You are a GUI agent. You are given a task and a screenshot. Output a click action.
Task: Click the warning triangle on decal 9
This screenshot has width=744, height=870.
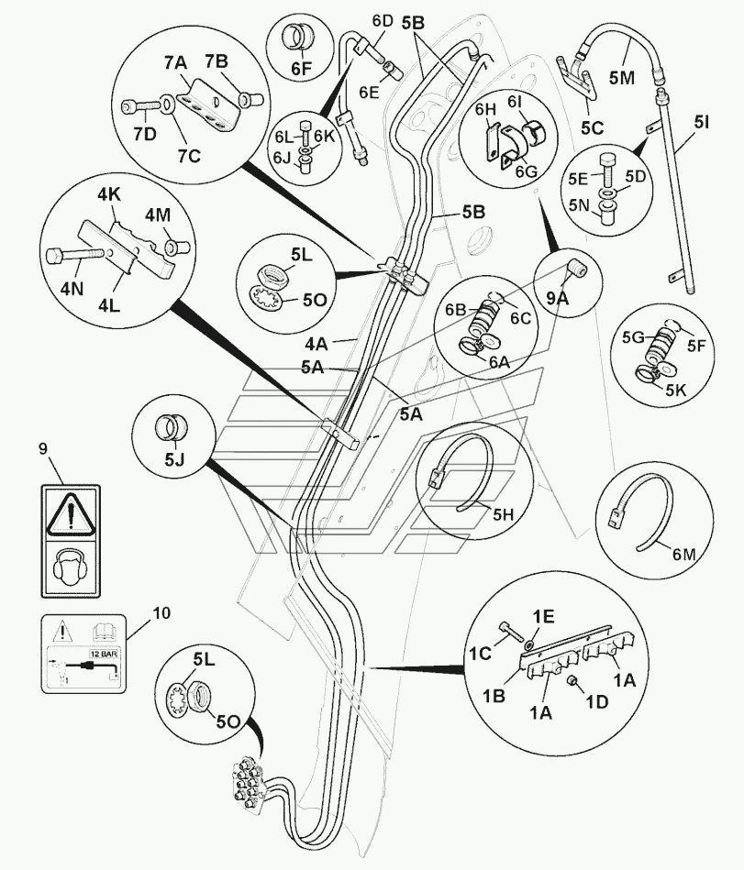pyautogui.click(x=69, y=516)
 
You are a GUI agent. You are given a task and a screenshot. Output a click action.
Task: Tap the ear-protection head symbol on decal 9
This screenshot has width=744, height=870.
pyautogui.click(x=69, y=567)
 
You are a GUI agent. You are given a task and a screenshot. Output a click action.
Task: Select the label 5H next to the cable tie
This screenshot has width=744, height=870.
pyautogui.click(x=503, y=516)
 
